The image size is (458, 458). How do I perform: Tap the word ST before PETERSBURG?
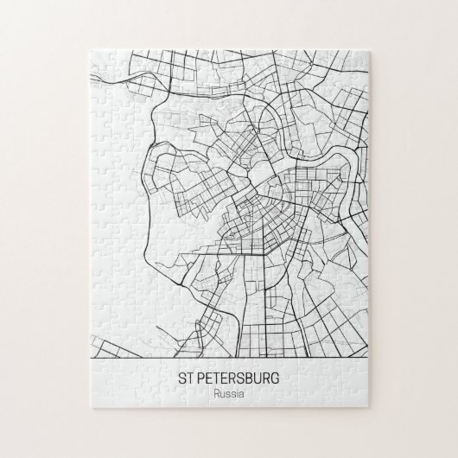coord(186,378)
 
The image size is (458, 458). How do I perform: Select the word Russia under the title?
coord(229,394)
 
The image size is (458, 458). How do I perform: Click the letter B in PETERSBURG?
coord(250,378)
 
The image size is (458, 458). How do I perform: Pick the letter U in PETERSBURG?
coord(259,378)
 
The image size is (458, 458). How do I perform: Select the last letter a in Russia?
coord(243,394)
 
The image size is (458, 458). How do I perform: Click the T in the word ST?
coord(190,378)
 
